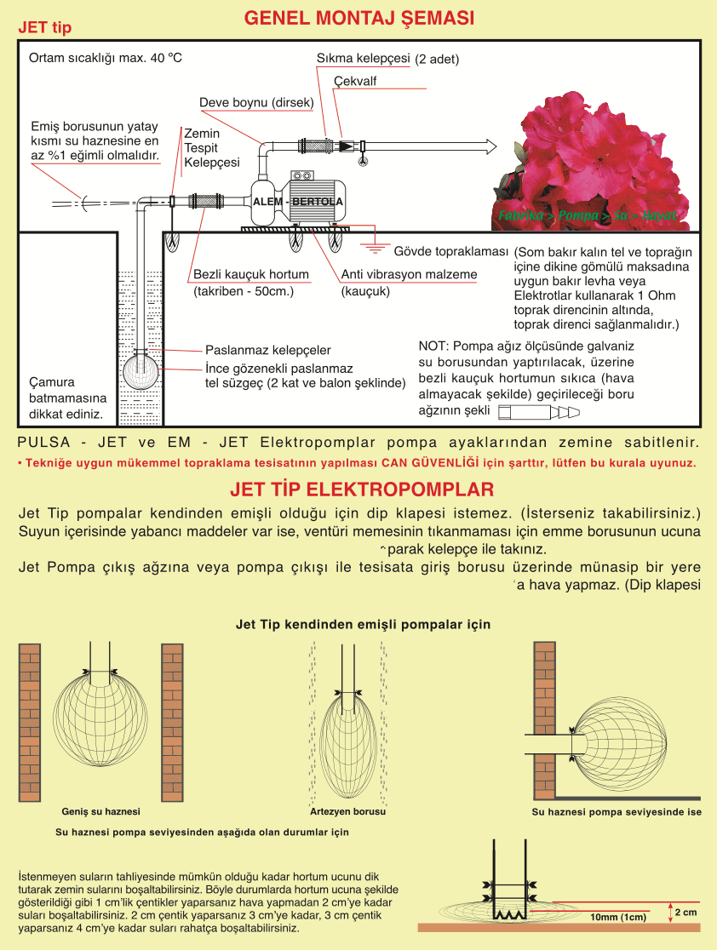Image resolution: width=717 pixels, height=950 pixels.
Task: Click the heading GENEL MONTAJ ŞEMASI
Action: tap(358, 19)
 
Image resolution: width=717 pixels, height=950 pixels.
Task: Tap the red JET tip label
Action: tap(45, 28)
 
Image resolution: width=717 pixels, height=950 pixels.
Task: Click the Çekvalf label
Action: tap(355, 82)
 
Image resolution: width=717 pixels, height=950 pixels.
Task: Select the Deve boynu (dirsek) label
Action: tap(256, 103)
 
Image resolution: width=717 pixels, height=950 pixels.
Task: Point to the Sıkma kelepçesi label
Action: tap(364, 59)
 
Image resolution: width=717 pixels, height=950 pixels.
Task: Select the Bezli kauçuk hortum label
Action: tap(250, 275)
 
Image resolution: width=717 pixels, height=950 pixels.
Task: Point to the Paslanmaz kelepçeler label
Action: tap(268, 350)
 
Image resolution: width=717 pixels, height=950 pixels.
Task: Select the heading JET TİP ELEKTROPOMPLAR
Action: tap(362, 490)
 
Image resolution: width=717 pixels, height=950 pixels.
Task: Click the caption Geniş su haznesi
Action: tap(101, 812)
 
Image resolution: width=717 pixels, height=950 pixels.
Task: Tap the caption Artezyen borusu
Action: tap(347, 812)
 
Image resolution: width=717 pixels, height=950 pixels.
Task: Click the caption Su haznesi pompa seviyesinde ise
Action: tap(617, 812)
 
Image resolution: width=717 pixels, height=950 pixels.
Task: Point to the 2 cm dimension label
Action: tap(685, 912)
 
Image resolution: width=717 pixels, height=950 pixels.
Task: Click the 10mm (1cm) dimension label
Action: tap(618, 918)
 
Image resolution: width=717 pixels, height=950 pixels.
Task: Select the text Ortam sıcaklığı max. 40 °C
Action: tap(106, 59)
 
